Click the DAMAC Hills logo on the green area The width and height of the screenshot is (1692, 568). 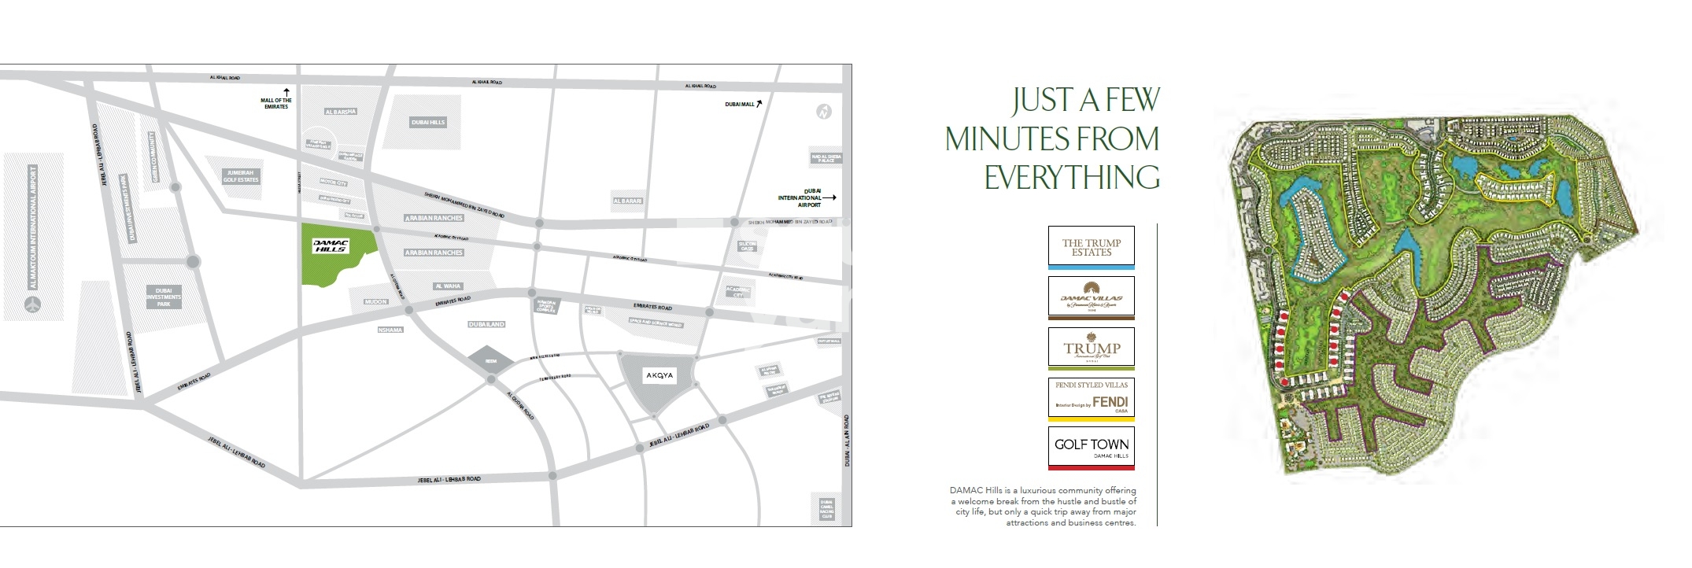click(331, 245)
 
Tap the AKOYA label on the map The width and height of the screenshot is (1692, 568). click(659, 375)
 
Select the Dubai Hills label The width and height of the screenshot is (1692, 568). click(428, 122)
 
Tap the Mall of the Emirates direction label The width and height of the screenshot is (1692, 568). click(276, 103)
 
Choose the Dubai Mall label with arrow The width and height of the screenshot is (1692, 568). click(743, 104)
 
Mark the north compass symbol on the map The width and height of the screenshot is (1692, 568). click(823, 112)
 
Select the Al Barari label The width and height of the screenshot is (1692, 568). click(628, 201)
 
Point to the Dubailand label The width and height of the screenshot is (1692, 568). click(486, 324)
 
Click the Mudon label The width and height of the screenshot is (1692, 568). click(376, 301)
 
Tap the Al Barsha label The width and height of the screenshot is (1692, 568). click(340, 112)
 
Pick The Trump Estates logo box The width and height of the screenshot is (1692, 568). click(1091, 247)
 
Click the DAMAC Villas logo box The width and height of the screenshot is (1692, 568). click(1091, 297)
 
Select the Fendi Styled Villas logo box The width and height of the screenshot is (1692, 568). click(1091, 398)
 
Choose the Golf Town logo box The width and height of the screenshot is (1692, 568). click(1091, 448)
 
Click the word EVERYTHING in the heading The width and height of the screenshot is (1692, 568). click(1072, 178)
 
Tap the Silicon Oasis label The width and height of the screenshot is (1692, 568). click(746, 246)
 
